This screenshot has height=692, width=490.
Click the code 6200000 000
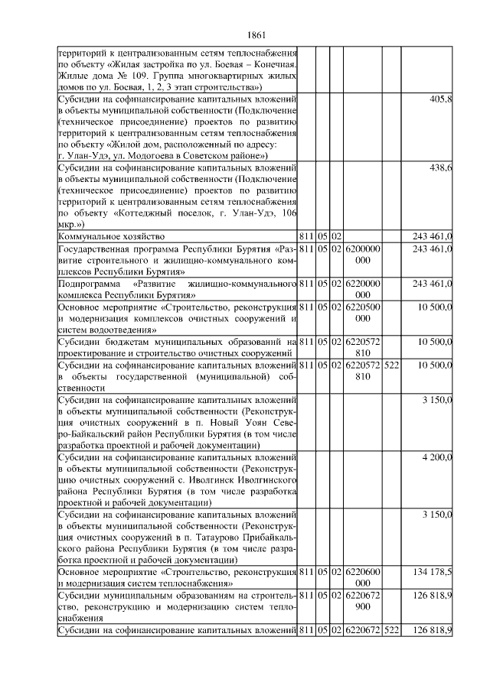point(364,255)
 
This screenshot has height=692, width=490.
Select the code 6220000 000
point(364,289)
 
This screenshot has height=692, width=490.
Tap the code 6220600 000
point(364,577)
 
